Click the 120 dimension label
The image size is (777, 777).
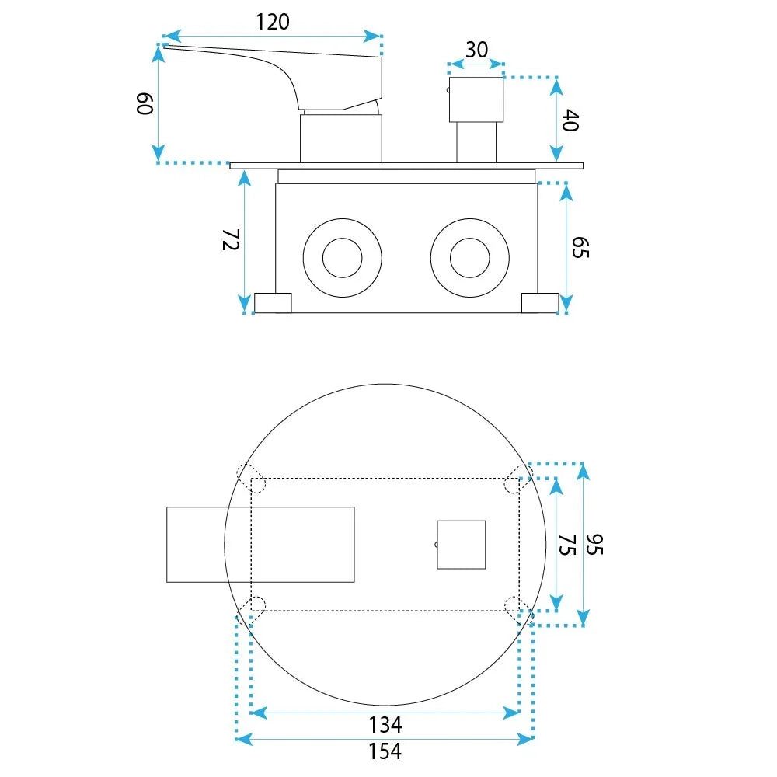[x=273, y=23]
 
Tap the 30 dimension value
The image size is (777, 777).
[x=476, y=50]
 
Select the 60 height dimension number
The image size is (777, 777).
[x=145, y=103]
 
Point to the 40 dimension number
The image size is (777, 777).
[x=570, y=120]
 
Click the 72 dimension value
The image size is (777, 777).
[x=231, y=239]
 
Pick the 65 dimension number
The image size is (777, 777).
[x=580, y=247]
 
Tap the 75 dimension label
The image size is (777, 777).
[x=567, y=545]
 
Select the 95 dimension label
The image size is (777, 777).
[x=594, y=545]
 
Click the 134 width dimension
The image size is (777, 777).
[x=385, y=725]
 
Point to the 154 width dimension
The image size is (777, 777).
[x=385, y=751]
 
